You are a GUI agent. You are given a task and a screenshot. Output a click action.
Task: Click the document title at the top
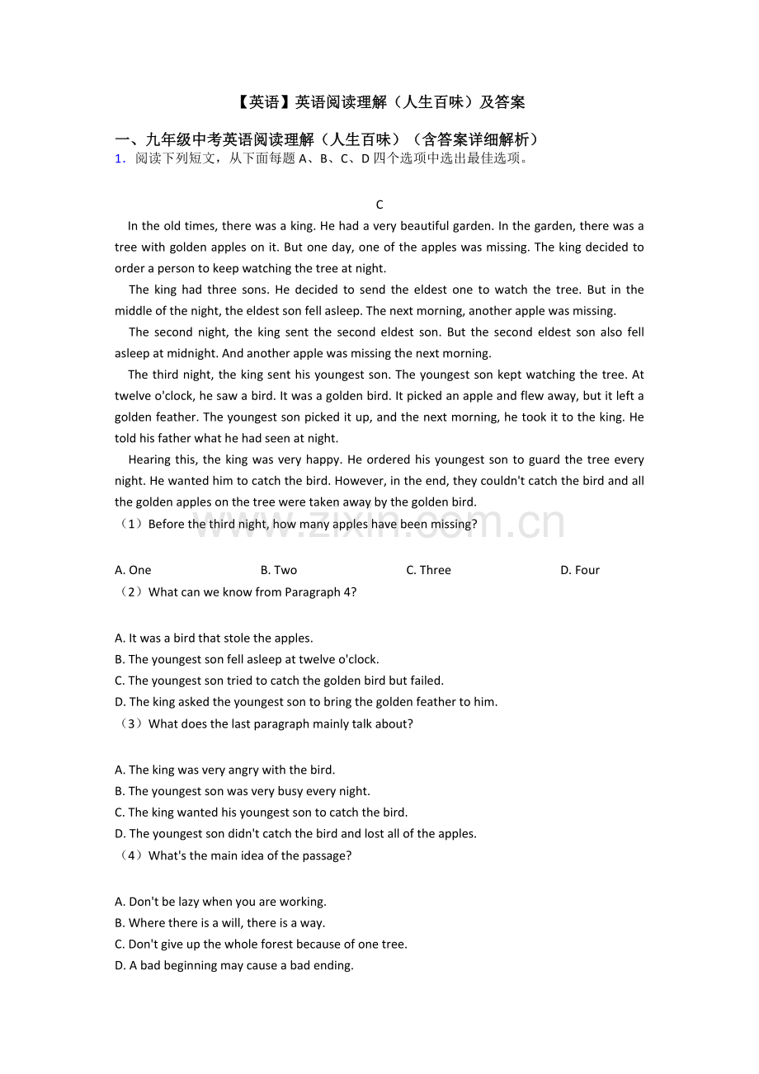pos(379,102)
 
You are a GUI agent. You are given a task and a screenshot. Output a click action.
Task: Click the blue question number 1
pos(120,159)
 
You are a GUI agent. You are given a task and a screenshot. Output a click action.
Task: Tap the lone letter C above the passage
pos(379,205)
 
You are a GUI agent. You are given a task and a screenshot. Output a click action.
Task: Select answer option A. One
pos(133,570)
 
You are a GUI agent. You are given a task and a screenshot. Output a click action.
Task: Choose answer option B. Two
pos(279,570)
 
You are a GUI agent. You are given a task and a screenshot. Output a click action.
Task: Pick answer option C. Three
pos(428,570)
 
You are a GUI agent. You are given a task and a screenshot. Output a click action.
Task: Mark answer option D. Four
pos(580,570)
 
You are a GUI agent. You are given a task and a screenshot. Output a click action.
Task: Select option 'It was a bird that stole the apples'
pos(214,638)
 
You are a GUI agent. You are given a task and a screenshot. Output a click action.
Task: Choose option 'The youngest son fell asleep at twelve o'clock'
pos(247,659)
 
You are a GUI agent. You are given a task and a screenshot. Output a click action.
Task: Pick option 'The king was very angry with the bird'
pos(224,770)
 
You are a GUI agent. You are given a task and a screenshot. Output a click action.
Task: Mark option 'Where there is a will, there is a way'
pos(219,923)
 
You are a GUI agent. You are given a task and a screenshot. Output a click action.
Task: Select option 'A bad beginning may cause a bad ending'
pos(234,965)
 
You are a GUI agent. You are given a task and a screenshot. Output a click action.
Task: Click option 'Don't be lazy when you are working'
pos(220,902)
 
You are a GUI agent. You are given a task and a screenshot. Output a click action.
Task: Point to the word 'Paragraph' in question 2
pos(313,591)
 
